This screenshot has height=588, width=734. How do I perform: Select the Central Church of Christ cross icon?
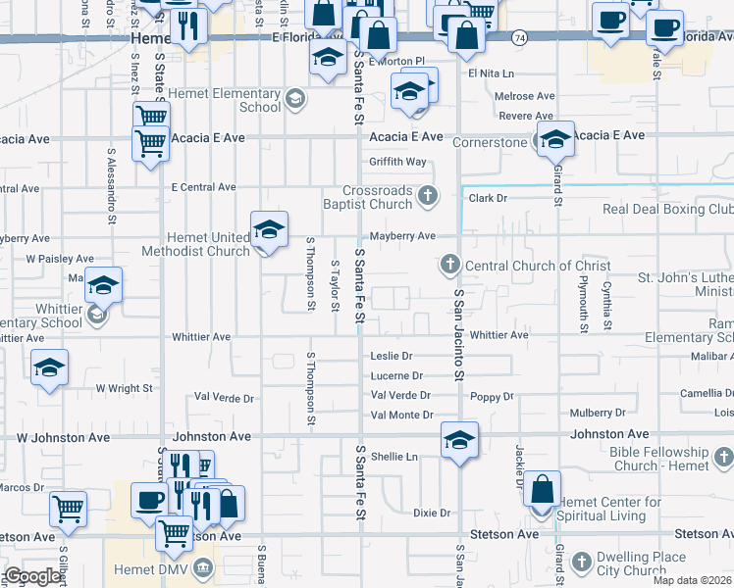pos(449,265)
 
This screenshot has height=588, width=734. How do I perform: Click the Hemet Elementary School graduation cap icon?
pos(294,99)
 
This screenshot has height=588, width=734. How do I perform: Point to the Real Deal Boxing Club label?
pos(667,209)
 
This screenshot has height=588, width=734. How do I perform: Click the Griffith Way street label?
pos(397,162)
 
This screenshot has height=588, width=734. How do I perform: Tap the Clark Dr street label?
pos(487,197)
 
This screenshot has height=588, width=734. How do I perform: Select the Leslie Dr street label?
pos(391,356)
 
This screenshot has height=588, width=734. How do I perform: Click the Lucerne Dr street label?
pos(396,375)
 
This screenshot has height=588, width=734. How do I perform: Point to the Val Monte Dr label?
pos(401,416)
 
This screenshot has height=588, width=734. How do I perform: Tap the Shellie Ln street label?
pos(393,456)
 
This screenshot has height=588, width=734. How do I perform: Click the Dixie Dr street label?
pos(431,513)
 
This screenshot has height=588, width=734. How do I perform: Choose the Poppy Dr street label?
pos(492,397)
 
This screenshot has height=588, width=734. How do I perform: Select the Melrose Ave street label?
pos(526,96)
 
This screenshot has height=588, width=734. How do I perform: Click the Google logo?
pos(33,576)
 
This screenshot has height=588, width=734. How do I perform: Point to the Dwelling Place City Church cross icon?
pos(582,561)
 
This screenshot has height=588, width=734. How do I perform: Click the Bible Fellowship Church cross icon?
pos(723,457)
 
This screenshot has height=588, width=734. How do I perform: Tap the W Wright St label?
pos(124,388)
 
